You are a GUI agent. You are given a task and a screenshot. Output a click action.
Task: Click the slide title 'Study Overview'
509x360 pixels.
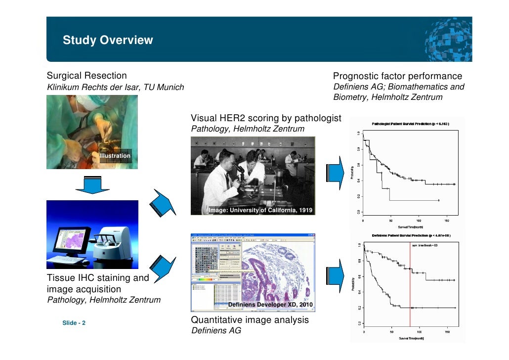108,40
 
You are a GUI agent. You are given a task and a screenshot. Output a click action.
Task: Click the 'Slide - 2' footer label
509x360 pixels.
74,323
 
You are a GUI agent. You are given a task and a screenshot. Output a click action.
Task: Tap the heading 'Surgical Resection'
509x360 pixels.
86,76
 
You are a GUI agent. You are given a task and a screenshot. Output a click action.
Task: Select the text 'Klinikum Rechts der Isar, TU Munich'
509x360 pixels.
115,88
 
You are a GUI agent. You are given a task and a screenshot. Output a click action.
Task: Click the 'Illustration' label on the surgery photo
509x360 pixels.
115,156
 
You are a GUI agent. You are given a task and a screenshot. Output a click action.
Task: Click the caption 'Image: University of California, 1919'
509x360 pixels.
260,210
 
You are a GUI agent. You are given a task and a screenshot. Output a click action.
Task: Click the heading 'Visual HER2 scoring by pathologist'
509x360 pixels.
266,118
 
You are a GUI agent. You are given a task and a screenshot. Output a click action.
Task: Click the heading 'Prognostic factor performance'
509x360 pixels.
398,76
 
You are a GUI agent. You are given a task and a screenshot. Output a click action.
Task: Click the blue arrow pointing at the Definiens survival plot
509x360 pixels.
334,275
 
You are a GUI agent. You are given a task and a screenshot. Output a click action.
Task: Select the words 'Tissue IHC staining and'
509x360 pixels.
98,278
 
